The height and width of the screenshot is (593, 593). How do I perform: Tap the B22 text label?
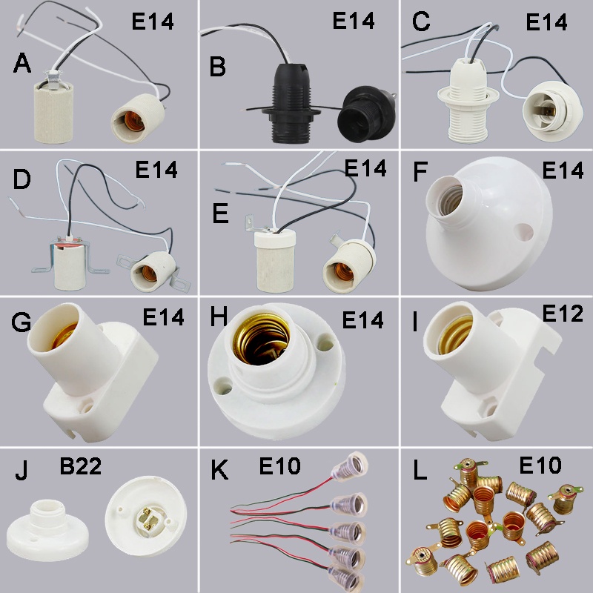[81, 468]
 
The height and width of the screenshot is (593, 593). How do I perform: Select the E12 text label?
[563, 314]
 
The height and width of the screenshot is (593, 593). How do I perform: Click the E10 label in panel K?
[279, 466]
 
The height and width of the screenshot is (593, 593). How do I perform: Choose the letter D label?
[21, 179]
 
